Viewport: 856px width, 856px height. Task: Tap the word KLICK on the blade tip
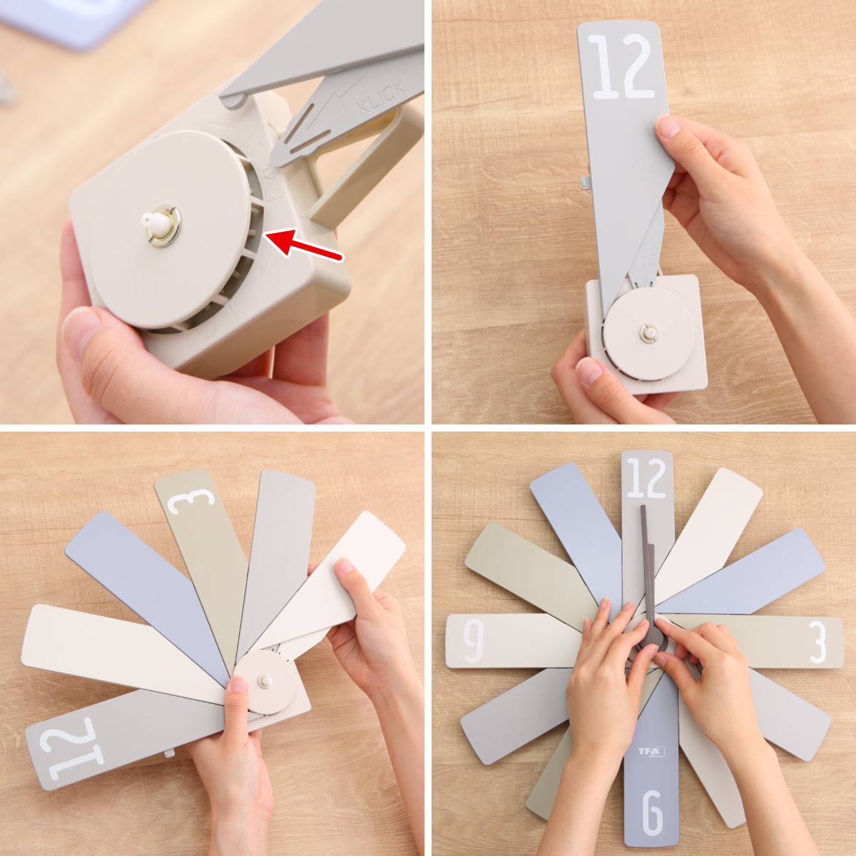(382, 96)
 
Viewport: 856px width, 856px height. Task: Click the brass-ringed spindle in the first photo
(163, 226)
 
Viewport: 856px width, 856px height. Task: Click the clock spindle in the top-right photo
(648, 332)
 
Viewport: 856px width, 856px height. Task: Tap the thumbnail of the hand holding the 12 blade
(669, 127)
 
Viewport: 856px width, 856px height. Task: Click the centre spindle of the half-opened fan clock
(265, 681)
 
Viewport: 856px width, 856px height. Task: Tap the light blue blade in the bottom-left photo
(143, 585)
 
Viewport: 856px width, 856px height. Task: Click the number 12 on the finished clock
(646, 478)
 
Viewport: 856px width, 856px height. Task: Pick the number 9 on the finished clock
(473, 640)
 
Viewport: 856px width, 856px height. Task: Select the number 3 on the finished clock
(817, 641)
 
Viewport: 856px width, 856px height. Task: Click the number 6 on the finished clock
(652, 812)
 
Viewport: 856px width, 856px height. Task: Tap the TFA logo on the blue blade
(651, 751)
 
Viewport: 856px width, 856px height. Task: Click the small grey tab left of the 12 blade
(586, 183)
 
